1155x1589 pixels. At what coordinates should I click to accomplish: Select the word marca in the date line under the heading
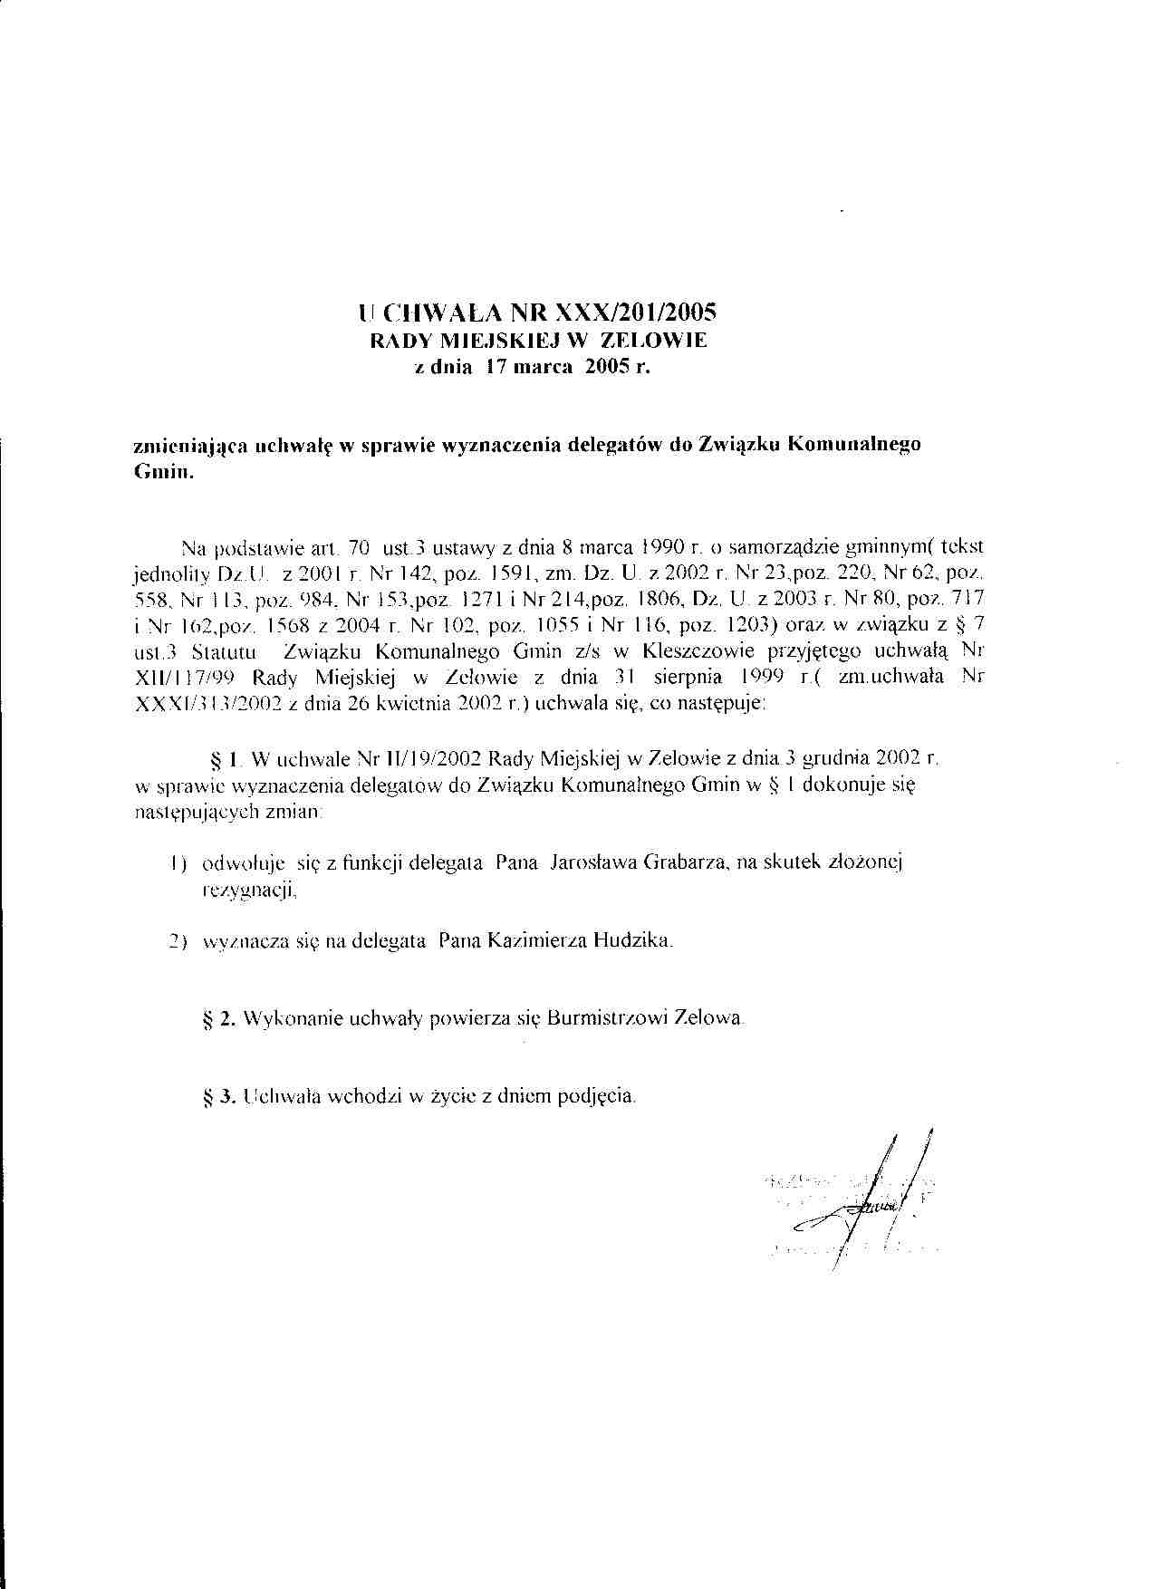click(533, 369)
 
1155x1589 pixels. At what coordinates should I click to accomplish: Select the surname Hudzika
click(633, 941)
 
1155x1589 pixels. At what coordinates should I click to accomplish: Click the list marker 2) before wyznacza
click(178, 942)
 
